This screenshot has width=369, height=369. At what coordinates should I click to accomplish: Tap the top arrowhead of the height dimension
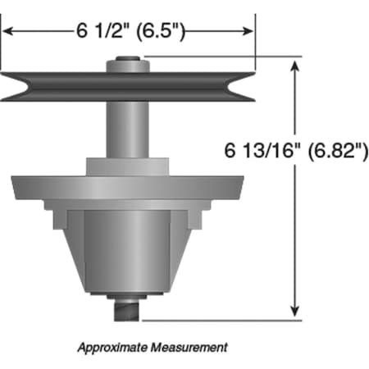[x=294, y=66]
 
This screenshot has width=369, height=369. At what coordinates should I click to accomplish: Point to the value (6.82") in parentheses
[x=332, y=151]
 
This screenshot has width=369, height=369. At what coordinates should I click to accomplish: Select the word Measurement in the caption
[x=191, y=347]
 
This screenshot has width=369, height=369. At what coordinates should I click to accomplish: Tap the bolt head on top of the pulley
[x=127, y=60]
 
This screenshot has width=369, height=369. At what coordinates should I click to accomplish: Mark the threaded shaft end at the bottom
[x=127, y=311]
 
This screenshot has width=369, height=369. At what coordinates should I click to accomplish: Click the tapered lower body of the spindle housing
[x=127, y=254]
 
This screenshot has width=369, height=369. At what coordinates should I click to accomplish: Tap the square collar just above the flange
[x=127, y=165]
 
